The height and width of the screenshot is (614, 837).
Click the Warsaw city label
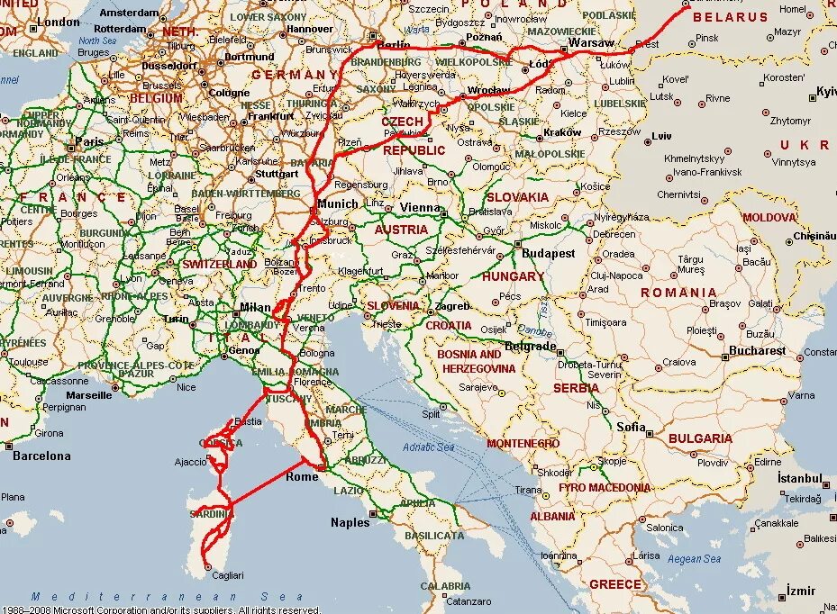(592, 43)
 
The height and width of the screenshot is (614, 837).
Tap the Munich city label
(338, 204)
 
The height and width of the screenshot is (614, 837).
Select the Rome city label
(302, 476)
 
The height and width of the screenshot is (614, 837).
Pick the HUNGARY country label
(513, 276)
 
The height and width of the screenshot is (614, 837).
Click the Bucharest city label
(758, 350)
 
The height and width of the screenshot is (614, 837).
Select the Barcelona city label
(41, 456)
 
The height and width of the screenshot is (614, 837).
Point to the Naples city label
(350, 522)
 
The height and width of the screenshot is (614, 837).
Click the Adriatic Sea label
(429, 447)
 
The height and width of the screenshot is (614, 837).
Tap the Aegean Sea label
(694, 559)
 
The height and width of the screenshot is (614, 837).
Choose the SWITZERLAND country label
(219, 265)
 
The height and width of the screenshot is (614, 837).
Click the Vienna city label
(419, 207)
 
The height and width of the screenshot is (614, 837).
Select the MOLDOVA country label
(769, 217)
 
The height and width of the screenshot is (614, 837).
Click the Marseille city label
(88, 394)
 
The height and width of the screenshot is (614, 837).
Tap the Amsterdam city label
(128, 14)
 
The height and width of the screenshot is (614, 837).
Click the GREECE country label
(615, 584)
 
